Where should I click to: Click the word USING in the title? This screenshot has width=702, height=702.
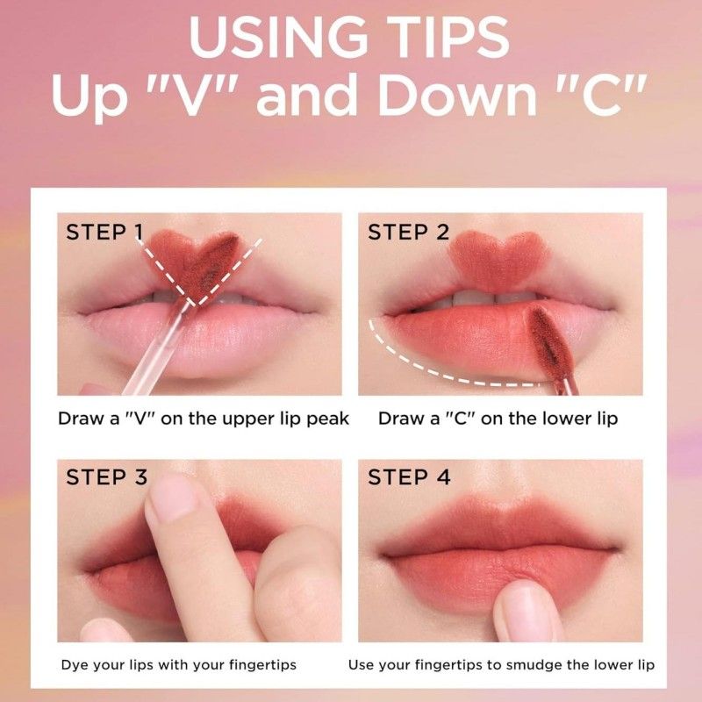(278, 37)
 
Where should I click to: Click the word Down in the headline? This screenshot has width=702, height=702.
(457, 95)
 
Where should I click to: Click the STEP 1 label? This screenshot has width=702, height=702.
(104, 233)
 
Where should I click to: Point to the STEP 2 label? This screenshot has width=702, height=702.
(408, 233)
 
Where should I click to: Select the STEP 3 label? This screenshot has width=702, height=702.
(106, 476)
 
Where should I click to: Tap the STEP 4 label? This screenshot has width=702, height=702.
(409, 476)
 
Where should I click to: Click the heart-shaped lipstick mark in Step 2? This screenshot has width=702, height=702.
(498, 261)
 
